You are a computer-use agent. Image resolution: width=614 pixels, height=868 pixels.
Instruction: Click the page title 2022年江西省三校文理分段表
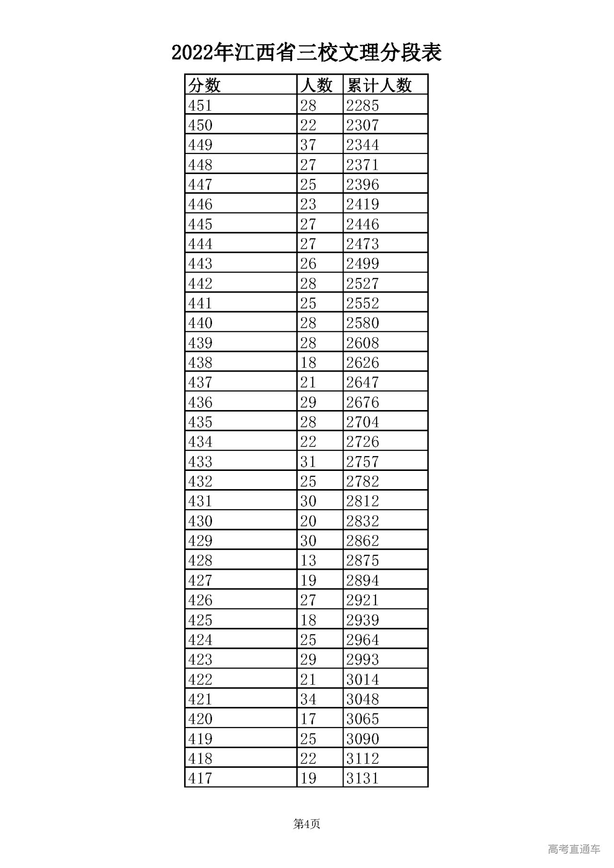[307, 52]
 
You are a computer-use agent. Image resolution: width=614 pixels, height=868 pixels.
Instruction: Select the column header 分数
[205, 85]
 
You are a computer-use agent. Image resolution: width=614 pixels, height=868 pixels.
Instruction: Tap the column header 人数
[316, 85]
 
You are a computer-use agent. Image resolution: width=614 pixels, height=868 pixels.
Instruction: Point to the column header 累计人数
[379, 85]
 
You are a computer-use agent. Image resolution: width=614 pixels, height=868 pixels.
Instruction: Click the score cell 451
[200, 105]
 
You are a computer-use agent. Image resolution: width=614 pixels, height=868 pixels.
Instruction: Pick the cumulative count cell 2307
[363, 125]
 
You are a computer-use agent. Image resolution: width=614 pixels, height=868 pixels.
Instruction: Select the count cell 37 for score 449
[308, 145]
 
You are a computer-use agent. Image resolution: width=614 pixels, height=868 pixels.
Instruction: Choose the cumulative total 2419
[363, 204]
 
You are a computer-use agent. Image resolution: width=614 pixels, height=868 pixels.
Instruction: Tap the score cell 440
[200, 323]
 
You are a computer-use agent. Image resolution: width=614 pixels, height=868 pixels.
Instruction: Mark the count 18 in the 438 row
[308, 363]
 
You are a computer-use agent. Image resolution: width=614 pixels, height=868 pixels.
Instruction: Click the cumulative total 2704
[363, 422]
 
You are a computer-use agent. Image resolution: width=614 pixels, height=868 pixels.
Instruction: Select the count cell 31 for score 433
[308, 461]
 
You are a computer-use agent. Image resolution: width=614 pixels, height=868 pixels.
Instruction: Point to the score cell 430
[200, 521]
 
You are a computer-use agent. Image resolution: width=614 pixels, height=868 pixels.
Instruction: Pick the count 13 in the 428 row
[308, 560]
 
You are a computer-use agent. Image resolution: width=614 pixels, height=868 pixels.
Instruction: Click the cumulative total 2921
[363, 600]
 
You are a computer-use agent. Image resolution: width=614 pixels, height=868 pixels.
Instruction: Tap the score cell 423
[200, 659]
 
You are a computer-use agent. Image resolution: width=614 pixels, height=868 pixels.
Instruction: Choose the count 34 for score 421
[308, 699]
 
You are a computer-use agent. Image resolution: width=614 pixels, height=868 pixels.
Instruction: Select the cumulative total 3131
[363, 778]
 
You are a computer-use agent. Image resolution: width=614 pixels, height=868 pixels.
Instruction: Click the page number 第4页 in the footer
[307, 824]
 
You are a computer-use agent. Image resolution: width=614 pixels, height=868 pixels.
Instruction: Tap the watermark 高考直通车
[574, 849]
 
